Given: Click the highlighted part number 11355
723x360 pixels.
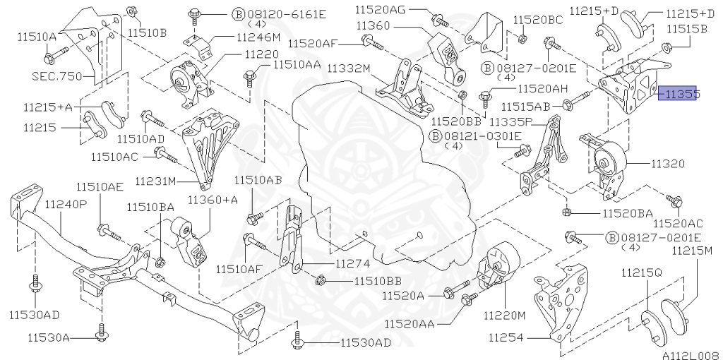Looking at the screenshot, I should [677, 93].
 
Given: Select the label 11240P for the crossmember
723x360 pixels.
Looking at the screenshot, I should [66, 204].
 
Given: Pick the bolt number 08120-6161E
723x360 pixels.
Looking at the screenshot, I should [275, 13].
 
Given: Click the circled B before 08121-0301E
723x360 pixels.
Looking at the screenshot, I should [436, 136].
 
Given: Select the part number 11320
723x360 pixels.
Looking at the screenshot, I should [667, 163].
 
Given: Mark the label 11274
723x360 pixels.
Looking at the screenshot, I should [352, 264].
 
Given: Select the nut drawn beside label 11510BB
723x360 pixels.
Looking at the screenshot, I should [321, 280].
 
